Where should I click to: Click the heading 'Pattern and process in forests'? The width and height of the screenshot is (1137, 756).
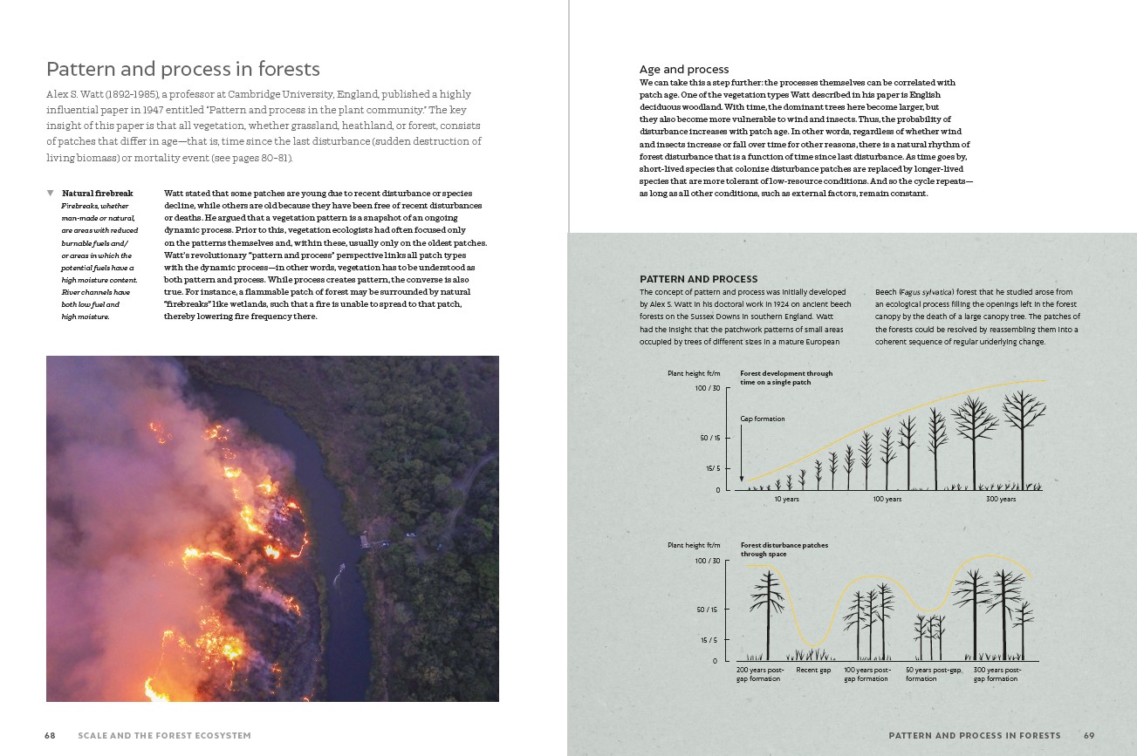coord(183,70)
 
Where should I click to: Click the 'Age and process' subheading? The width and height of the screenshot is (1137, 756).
coord(684,70)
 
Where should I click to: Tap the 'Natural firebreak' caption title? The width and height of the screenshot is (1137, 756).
coord(97,193)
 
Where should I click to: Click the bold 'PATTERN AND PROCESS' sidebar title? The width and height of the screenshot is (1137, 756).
coord(699,279)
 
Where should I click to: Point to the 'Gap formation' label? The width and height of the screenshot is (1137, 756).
coord(763,419)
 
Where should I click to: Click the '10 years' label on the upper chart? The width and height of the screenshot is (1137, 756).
coord(787,499)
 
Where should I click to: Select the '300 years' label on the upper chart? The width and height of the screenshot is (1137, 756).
coord(1001,499)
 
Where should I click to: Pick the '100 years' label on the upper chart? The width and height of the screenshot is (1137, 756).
coord(887,499)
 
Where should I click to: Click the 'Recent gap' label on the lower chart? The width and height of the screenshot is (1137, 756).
coord(813,671)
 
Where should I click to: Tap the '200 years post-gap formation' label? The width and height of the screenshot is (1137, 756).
coord(760,674)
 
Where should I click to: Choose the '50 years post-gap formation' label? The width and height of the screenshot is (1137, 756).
coord(932,674)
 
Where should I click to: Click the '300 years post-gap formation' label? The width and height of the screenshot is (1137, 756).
coord(997,674)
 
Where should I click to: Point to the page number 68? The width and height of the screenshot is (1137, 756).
coord(50,736)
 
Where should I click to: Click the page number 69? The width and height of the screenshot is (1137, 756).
coord(1088,736)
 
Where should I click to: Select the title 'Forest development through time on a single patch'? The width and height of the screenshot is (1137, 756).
coord(786,378)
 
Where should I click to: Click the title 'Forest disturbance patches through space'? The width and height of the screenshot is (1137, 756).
coord(784,549)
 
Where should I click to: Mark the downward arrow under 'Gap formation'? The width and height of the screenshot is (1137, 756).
coord(742,453)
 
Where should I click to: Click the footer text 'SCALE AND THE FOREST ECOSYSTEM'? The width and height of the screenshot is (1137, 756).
coord(164,736)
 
